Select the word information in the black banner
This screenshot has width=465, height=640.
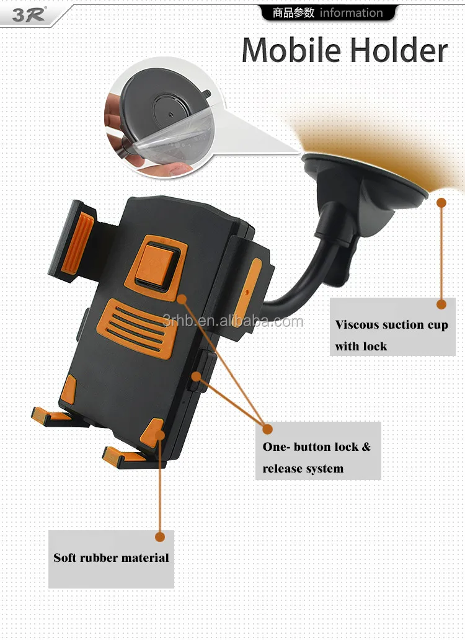(351, 13)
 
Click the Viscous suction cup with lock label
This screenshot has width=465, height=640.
(391, 335)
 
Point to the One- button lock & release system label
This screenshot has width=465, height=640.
(317, 457)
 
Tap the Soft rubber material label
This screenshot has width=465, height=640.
(111, 558)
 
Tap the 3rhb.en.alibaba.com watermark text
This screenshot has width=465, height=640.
(233, 321)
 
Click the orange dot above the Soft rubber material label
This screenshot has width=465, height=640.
(160, 537)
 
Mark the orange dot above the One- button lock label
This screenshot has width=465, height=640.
(267, 429)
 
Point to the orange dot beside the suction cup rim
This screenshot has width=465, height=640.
(441, 202)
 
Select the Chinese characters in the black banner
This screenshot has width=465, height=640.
(294, 13)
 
